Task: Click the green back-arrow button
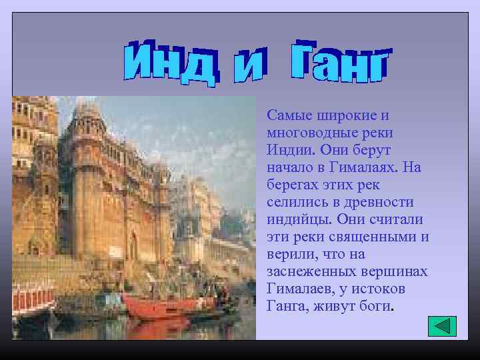pos(441,326)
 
